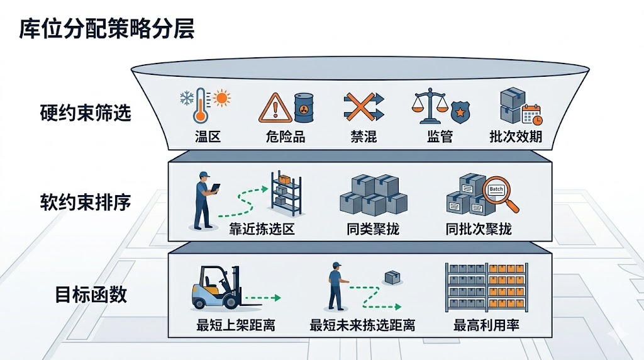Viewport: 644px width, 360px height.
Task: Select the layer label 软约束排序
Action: pos(86,203)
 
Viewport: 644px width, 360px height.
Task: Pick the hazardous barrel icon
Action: pos(304,108)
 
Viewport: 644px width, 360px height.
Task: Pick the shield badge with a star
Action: pos(462,113)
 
